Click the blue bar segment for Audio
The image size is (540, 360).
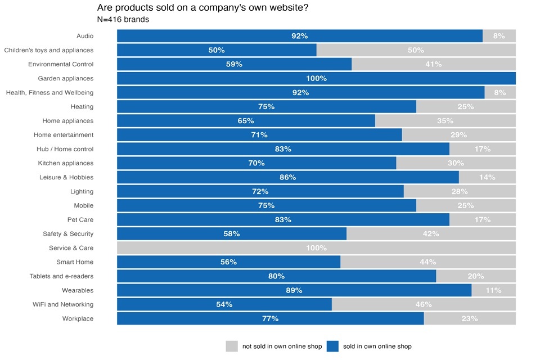[300, 36]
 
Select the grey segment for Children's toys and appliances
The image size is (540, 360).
[416, 50]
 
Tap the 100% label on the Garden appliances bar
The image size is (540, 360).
[316, 78]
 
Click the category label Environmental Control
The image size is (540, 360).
[61, 64]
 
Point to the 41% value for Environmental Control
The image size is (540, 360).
[433, 64]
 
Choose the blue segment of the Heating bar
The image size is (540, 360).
[266, 106]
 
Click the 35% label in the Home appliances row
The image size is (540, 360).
[445, 121]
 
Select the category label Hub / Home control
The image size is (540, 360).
[64, 149]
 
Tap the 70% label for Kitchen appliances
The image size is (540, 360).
[256, 163]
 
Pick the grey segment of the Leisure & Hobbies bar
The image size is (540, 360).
[487, 177]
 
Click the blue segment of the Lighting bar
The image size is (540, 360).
[260, 191]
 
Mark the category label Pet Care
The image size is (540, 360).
[80, 219]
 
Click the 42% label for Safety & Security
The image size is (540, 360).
[431, 233]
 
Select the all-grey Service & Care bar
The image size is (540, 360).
[316, 248]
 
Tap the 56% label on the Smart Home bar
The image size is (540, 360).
[228, 262]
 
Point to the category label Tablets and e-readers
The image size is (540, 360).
[61, 276]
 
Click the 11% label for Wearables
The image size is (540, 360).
[493, 290]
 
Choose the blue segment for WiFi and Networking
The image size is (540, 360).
[224, 304]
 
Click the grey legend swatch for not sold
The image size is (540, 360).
[232, 346]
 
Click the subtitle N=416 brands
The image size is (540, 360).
[123, 20]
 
